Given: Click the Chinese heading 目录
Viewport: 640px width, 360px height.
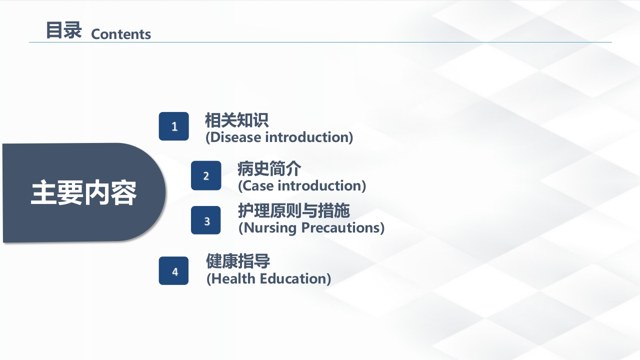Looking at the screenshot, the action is (63, 30).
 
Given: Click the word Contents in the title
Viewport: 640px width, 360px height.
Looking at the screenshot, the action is (121, 34).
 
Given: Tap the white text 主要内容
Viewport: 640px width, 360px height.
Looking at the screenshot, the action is (83, 192).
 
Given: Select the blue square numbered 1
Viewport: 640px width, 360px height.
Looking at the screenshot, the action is (173, 126).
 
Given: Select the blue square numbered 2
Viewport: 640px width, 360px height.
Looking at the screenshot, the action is (206, 175).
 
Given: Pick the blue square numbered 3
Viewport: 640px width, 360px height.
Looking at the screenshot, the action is (205, 220).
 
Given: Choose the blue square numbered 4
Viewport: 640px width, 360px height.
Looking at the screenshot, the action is (173, 271).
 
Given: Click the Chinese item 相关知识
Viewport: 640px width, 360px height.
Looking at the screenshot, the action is (236, 120).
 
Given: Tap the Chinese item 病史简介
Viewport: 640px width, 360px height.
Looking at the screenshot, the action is (269, 168).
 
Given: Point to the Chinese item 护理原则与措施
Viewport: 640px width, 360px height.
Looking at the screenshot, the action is (294, 210).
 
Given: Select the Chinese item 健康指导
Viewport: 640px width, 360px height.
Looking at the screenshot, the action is (238, 261).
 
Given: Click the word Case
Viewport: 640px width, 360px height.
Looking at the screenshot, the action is (257, 185).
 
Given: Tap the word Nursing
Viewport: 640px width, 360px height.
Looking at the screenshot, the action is (270, 228).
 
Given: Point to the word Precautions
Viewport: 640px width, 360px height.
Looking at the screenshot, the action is (341, 228).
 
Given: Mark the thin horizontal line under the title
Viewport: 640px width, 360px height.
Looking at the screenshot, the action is (320, 42).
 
